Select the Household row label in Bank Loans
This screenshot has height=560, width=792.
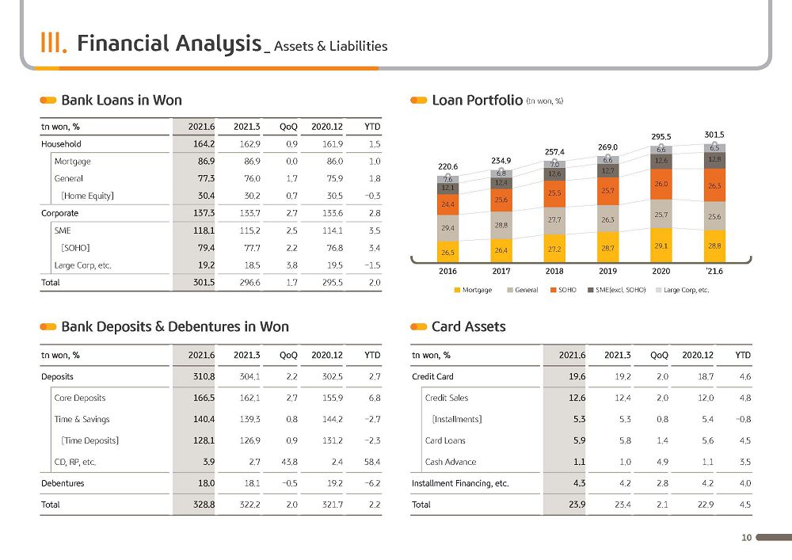coord(61,144)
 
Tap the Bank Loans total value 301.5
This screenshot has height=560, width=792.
coord(204,282)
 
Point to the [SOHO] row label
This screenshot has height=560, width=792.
coord(76,248)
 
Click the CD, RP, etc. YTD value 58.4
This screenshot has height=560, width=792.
coord(371,462)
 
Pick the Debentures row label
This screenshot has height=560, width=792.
coord(63,483)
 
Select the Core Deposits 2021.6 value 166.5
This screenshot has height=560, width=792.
coord(204,398)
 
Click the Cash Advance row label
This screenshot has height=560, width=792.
coord(451,462)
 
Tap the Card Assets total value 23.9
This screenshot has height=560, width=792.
coord(577,505)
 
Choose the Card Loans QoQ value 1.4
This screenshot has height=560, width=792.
coord(662,441)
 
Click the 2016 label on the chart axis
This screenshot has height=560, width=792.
coord(447,271)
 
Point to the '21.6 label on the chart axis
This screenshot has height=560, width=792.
coord(714,271)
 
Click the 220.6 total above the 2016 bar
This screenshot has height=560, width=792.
coord(447,166)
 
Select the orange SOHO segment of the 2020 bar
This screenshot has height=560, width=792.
coord(661,185)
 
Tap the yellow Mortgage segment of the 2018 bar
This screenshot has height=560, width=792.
coord(554,249)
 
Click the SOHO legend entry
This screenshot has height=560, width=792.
coord(563,290)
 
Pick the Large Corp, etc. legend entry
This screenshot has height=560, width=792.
coord(683,290)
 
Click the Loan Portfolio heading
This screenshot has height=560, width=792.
coord(478,100)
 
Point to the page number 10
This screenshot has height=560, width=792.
coord(747,537)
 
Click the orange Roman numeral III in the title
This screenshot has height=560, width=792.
coord(53,43)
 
